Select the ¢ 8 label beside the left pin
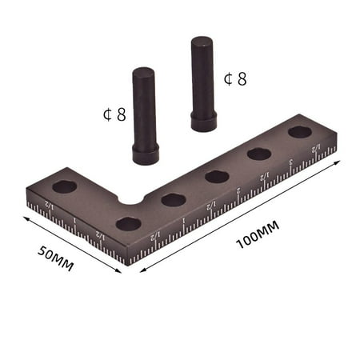point(114,114)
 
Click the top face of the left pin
point(143,73)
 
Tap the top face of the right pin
point(202,40)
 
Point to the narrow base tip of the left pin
point(145,156)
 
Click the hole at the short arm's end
point(65,186)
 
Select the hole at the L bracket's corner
point(129,223)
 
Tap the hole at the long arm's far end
point(301,131)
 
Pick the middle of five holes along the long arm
point(217,176)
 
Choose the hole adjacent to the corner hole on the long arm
point(173,199)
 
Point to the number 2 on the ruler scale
point(238,190)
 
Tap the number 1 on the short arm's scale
point(74,221)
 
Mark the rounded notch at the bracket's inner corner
point(126,196)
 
